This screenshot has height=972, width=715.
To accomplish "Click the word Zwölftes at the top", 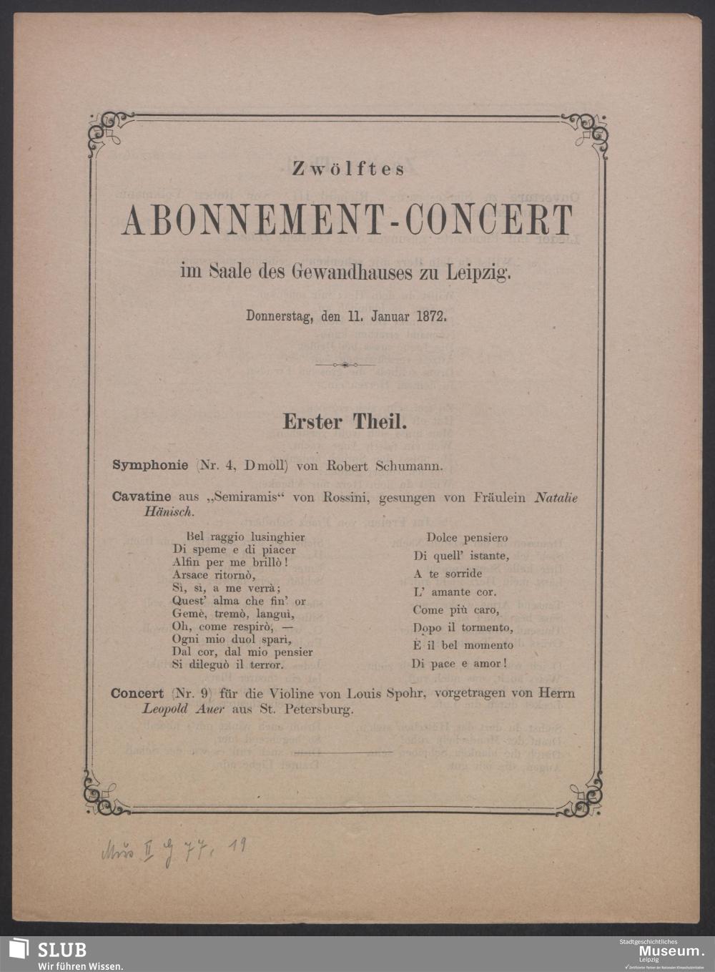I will coord(349,169).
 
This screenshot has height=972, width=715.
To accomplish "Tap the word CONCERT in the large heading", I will coord(489,220).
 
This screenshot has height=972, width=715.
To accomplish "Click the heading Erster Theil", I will coord(345,422).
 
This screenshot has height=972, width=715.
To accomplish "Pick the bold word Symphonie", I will coord(150,466).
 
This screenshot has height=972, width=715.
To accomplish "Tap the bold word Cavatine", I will coord(141,497).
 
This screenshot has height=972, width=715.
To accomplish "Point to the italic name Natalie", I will coord(556,497).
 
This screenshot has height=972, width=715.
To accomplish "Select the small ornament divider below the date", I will coord(345,365).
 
